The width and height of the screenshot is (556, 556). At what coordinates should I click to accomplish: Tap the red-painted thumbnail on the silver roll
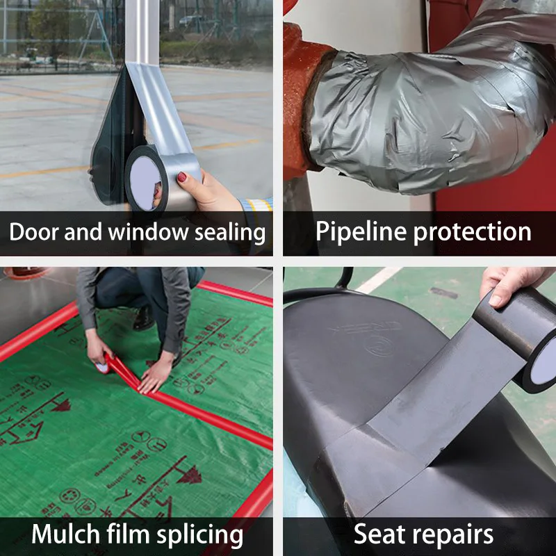click(x=182, y=177)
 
